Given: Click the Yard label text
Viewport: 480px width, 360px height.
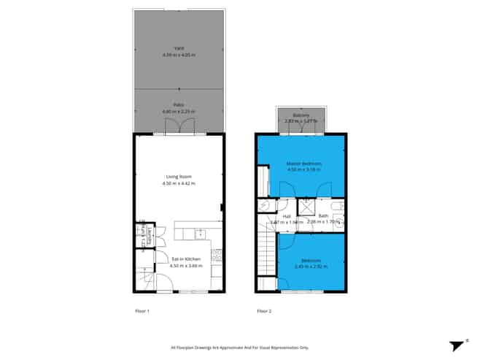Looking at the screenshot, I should coord(179,48).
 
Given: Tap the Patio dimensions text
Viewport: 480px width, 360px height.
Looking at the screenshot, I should coord(179,111).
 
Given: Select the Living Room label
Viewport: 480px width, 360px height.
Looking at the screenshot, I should coord(179,177).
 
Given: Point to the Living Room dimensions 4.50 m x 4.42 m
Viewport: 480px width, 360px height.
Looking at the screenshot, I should coord(179,183).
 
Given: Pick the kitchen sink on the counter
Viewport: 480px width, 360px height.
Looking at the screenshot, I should coord(200,234).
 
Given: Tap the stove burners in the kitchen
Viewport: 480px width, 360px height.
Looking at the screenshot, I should coord(217,256).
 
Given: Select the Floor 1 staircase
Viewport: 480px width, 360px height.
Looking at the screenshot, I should coord(144,278).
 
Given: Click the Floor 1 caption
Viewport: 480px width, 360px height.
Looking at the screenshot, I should coord(142,312).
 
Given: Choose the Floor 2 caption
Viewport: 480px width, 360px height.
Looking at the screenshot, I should coord(264,312).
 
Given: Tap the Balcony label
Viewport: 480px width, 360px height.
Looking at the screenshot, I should coord(301,115).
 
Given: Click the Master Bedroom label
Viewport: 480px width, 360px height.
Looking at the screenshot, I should coord(303,163).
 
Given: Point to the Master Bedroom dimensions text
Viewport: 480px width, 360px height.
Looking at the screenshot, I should coord(303,169).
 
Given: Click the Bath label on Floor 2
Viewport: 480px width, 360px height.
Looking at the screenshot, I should coord(323,215).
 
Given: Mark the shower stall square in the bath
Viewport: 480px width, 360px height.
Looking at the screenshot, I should coord(306,207).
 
